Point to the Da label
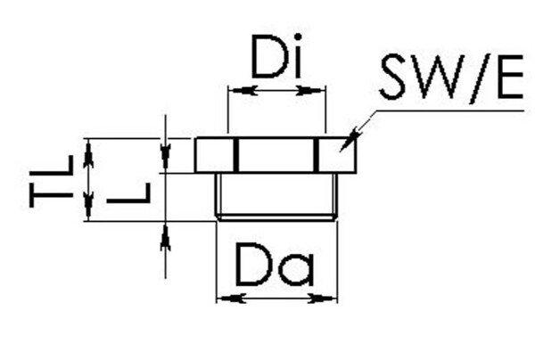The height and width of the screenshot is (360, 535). tap(276, 265)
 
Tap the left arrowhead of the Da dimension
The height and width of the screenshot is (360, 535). tap(225, 298)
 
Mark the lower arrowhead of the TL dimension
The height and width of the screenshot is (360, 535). tap(87, 214)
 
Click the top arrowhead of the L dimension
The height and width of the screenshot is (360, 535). tap(165, 160)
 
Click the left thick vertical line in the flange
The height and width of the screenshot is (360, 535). tap(237, 156)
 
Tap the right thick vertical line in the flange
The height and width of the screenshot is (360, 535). tap(315, 156)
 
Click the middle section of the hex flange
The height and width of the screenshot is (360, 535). tap(276, 156)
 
